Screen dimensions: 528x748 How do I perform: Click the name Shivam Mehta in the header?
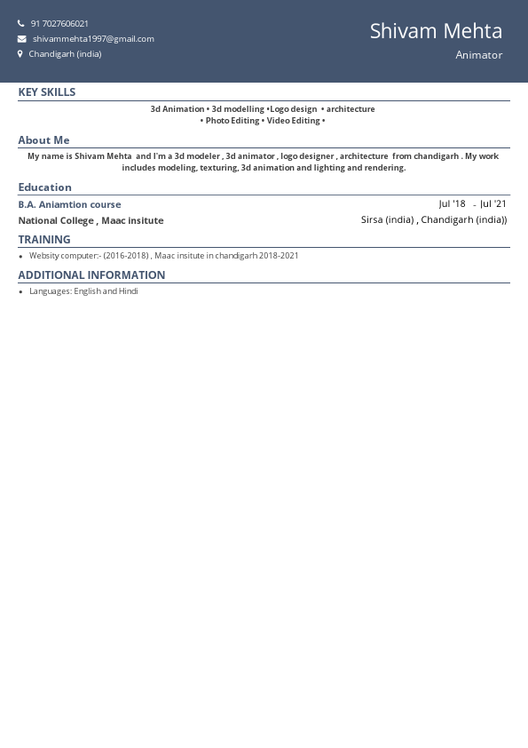436,31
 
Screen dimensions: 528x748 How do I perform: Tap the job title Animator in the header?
478,55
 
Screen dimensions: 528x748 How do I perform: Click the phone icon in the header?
21,24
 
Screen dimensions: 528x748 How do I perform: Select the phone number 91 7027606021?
59,24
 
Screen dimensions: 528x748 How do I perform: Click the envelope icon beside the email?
21,39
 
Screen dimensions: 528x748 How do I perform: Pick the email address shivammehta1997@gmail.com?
93,39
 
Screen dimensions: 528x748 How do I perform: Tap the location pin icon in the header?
20,54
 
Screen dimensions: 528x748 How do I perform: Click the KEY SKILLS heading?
47,92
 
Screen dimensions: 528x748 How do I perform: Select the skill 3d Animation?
177,109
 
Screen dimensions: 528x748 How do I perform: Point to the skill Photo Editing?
232,121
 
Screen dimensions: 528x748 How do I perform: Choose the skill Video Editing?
293,121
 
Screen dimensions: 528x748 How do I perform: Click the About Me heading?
43,140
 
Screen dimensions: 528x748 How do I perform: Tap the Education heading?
44,187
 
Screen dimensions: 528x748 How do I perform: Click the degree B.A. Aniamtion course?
69,204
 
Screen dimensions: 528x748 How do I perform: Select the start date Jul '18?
452,204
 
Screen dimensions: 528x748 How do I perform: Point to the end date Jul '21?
493,204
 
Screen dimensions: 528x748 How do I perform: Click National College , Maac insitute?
91,220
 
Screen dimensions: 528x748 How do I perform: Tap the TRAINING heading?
44,240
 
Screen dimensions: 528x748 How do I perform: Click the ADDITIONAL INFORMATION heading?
91,275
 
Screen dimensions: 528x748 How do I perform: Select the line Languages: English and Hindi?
83,291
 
